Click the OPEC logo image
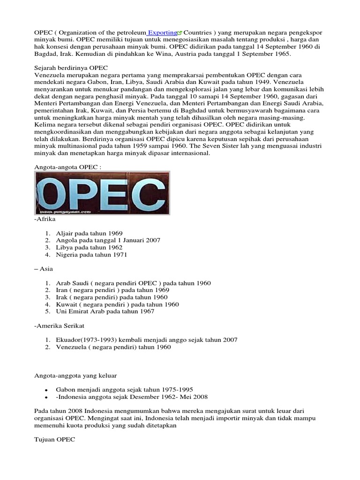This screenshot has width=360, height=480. click(102, 193)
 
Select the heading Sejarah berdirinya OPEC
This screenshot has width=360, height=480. click(71, 68)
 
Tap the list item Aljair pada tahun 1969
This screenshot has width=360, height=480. click(89, 232)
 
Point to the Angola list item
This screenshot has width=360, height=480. click(108, 240)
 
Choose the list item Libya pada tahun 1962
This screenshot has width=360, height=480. click(89, 247)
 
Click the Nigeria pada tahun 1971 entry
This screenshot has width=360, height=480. click(91, 255)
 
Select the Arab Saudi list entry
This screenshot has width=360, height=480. click(133, 283)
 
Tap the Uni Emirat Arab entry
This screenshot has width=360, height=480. click(105, 311)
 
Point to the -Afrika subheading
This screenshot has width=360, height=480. click(45, 218)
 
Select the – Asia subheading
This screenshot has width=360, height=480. click(44, 269)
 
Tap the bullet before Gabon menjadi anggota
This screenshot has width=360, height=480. click(46, 390)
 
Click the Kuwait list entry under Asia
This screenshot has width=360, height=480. click(117, 304)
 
